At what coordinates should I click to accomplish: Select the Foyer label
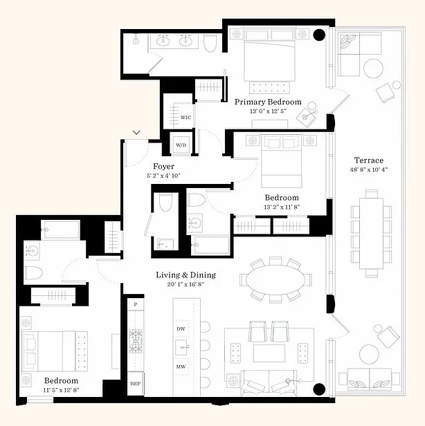pyautogui.click(x=163, y=167)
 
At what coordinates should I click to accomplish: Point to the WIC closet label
pyautogui.click(x=186, y=118)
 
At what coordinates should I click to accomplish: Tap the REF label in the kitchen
pyautogui.click(x=135, y=383)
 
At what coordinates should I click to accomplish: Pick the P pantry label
pyautogui.click(x=135, y=304)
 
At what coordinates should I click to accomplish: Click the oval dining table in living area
pyautogui.click(x=275, y=280)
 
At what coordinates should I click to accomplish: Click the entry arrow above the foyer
pyautogui.click(x=137, y=131)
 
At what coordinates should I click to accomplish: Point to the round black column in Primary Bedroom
pyautogui.click(x=319, y=35)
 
